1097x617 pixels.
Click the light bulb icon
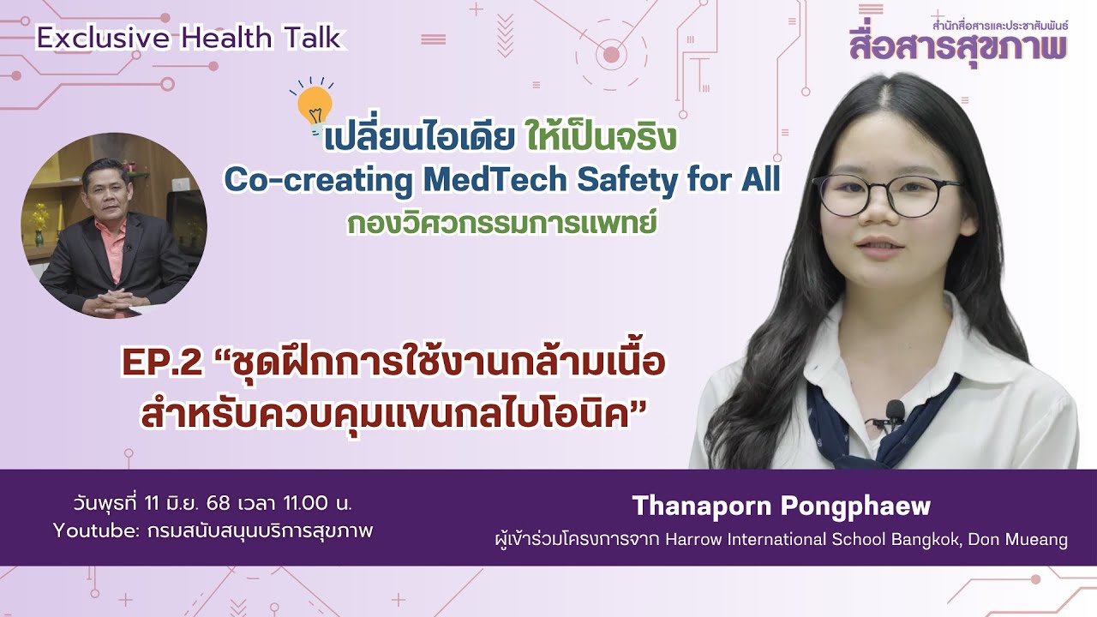[x=315, y=104]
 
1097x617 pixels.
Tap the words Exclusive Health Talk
[x=189, y=39]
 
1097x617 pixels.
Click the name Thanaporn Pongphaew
[x=781, y=506]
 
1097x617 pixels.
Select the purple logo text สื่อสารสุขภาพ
[x=957, y=45]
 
